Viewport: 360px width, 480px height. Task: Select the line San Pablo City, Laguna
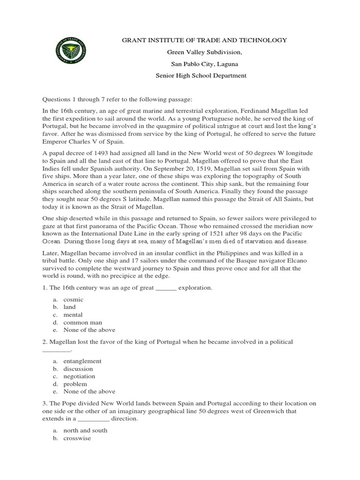pyautogui.click(x=202, y=64)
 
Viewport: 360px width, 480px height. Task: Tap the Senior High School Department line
pyautogui.click(x=202, y=75)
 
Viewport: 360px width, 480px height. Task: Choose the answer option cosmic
pyautogui.click(x=73, y=299)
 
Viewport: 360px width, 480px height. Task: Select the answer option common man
pyautogui.click(x=83, y=322)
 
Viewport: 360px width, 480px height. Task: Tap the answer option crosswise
pyautogui.click(x=77, y=438)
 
